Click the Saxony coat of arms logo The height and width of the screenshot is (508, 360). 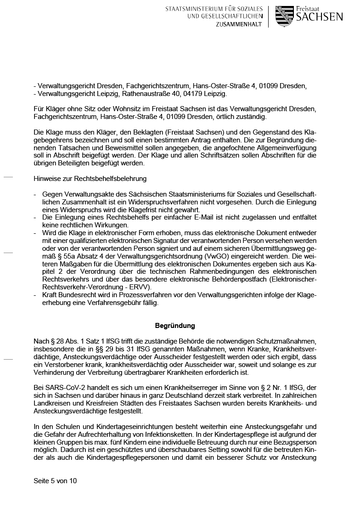(284, 16)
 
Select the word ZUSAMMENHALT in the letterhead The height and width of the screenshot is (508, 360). (239, 24)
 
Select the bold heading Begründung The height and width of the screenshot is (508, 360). (175, 326)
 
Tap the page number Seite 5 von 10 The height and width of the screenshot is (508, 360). (55, 481)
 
